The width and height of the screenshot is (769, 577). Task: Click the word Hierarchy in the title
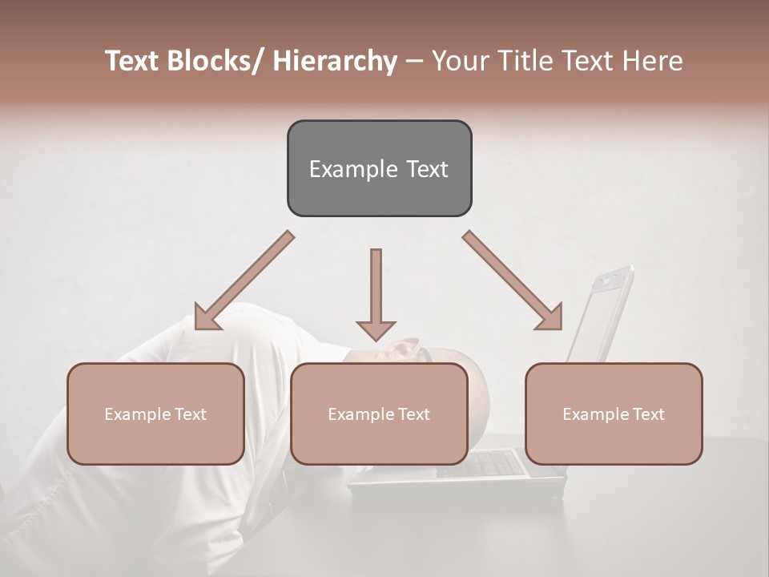335,62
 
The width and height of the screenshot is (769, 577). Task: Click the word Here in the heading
652,62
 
